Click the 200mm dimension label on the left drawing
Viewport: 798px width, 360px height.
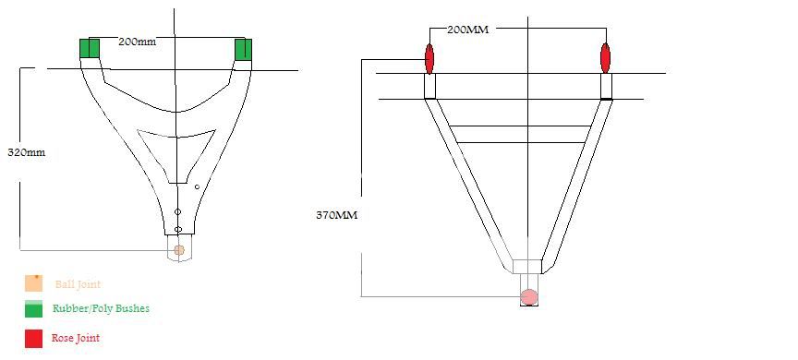(x=138, y=42)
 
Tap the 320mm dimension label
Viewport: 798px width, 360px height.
(x=27, y=152)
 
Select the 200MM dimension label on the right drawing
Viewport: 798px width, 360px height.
(x=467, y=30)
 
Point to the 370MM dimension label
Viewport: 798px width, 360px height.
(x=337, y=215)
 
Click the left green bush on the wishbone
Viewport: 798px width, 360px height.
(x=90, y=48)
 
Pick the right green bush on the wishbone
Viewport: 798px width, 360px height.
(x=243, y=49)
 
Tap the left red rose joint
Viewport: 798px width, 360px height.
(x=429, y=58)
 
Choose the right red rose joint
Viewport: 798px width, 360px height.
(x=605, y=58)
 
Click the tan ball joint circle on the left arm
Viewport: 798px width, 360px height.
(x=178, y=249)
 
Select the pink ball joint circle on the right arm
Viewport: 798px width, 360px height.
(x=529, y=296)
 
